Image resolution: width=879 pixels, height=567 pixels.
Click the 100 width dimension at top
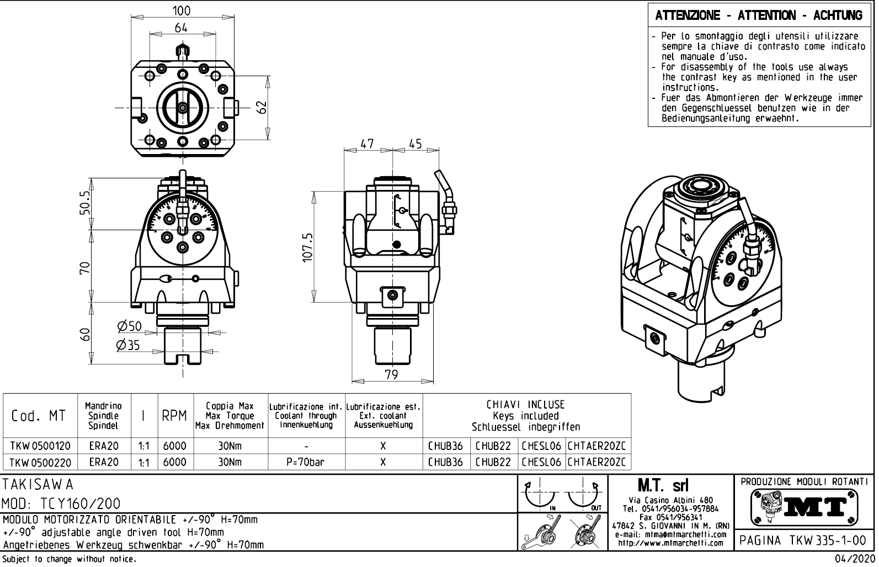[x=182, y=10]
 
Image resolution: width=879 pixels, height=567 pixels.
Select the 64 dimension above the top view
[x=182, y=27]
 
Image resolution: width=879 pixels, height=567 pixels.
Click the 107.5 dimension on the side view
[x=308, y=246]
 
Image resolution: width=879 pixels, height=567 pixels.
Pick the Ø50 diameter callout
[x=130, y=326]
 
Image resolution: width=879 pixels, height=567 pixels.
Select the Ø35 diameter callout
[x=129, y=345]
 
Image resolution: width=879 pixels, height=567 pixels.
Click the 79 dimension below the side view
[x=391, y=375]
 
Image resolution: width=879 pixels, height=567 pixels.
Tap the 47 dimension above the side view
[x=367, y=144]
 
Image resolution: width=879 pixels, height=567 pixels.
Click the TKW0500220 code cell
[x=40, y=462]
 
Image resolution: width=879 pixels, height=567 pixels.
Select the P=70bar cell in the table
[x=306, y=462]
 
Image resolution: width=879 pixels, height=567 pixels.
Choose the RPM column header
[x=175, y=416]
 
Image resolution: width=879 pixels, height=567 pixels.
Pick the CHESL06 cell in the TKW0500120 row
[x=541, y=446]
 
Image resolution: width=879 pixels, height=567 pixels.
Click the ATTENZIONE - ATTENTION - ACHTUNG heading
[x=759, y=15]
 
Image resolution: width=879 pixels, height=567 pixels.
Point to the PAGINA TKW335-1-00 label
[x=804, y=540]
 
